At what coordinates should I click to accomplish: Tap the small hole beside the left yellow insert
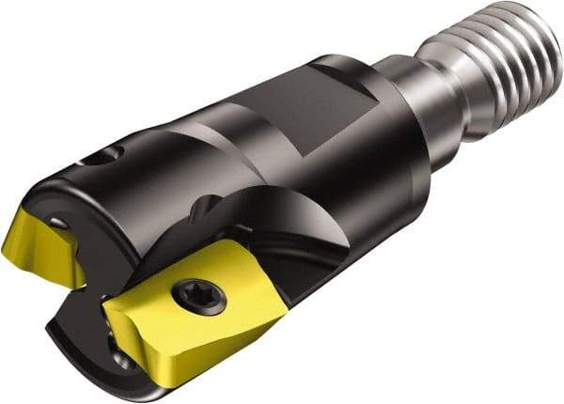[x=60, y=222]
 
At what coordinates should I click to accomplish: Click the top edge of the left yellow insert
[x=38, y=212]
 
